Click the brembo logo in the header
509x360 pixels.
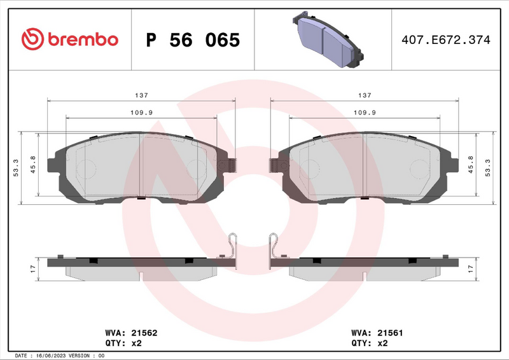70,39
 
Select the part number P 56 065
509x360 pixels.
193,40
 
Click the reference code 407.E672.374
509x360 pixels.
445,40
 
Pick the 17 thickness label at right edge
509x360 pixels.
470,268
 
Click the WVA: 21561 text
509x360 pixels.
377,333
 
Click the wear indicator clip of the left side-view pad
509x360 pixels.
233,246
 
